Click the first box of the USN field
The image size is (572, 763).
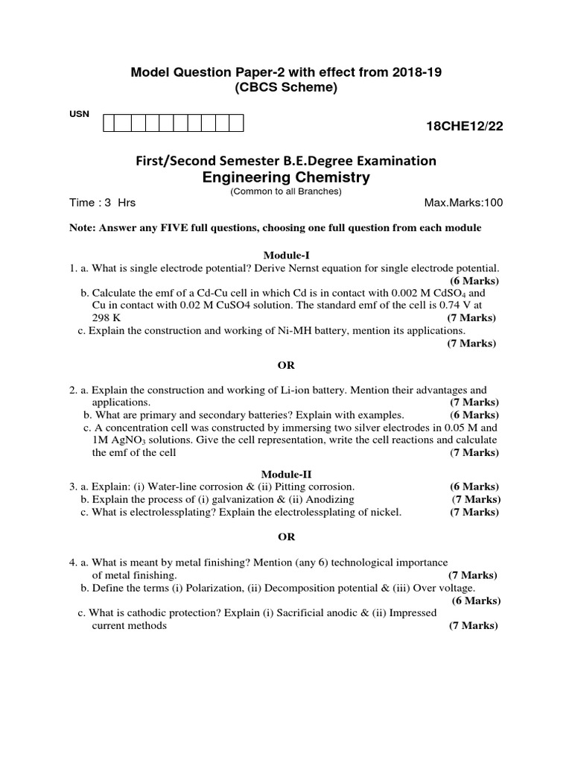[109, 123]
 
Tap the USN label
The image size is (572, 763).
[80, 113]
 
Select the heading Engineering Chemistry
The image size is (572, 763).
[286, 177]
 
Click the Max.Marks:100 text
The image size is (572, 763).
[463, 203]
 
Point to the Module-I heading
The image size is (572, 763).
[286, 255]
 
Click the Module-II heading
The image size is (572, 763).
[286, 474]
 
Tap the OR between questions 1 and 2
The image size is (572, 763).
[286, 365]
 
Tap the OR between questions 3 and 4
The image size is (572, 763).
[286, 536]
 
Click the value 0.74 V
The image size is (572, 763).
[458, 305]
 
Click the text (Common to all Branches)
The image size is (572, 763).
[286, 191]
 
